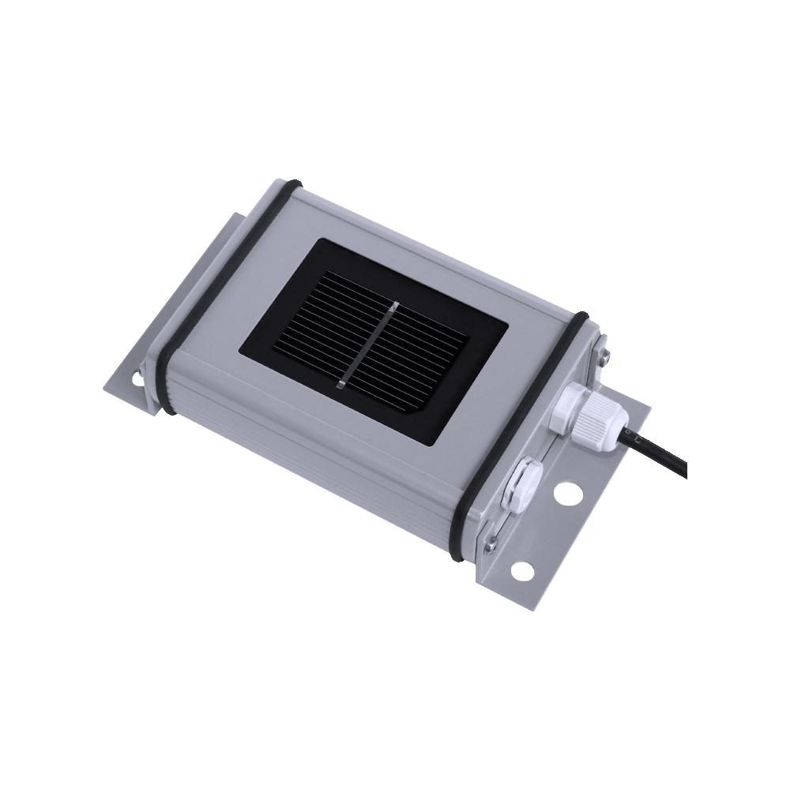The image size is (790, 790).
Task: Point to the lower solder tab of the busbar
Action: (341, 385)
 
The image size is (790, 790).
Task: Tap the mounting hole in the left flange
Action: (138, 378)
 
